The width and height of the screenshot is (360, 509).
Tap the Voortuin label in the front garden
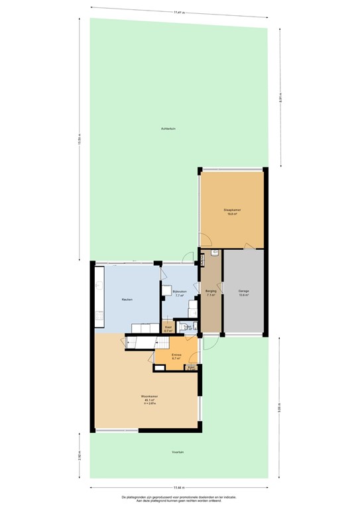(x=177, y=452)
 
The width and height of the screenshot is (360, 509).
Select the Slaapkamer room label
(x=232, y=210)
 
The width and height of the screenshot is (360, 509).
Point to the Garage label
(x=243, y=291)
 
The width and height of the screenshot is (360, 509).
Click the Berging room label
(x=211, y=291)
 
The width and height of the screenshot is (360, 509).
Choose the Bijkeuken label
(x=179, y=292)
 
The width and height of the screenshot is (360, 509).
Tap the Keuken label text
(x=127, y=300)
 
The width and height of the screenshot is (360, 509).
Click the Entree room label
(x=176, y=355)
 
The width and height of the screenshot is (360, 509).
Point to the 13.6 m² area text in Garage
(x=243, y=296)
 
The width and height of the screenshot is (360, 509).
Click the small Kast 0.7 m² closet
(x=168, y=328)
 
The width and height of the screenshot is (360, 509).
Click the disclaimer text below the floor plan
(x=179, y=498)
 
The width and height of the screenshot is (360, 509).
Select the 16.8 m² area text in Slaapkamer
(x=232, y=214)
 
